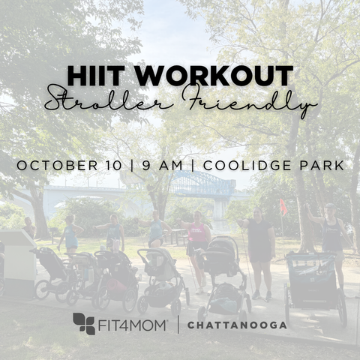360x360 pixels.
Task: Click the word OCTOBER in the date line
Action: click(x=57, y=166)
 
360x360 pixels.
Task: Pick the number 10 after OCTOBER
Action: click(x=113, y=166)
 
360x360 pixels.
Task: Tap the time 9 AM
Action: click(x=163, y=166)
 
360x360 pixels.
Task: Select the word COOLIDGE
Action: click(x=247, y=166)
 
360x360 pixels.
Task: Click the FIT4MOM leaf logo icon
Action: click(x=84, y=323)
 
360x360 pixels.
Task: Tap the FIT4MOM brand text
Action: click(x=132, y=325)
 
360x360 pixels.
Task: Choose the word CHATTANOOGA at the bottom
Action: click(x=237, y=325)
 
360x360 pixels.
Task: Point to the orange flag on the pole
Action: click(x=283, y=207)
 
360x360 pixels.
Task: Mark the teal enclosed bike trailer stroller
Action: click(x=315, y=287)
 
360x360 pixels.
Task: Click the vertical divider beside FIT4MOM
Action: click(x=178, y=325)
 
